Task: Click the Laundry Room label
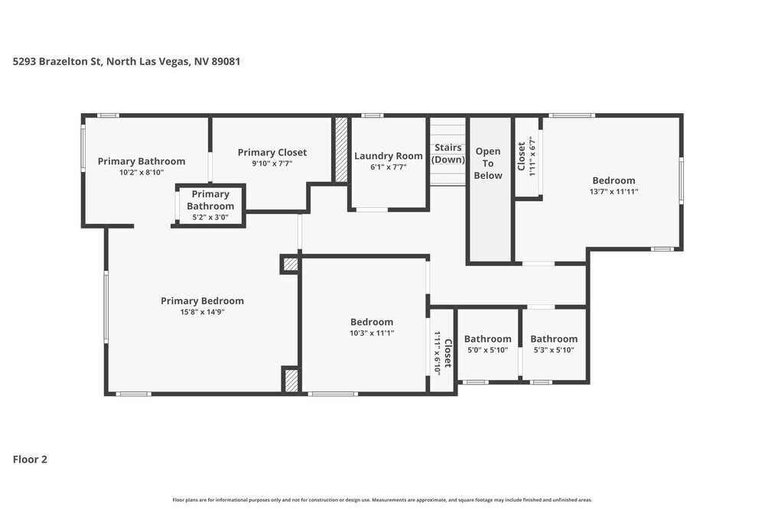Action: coord(388,156)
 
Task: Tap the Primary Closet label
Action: coord(272,152)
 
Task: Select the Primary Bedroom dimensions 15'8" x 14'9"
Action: coord(202,312)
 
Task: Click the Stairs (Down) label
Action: coord(448,153)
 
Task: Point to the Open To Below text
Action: coord(488,163)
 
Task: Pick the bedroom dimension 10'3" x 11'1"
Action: coord(372,333)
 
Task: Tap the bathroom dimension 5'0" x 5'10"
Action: coord(487,350)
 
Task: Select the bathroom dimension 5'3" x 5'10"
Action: coord(554,350)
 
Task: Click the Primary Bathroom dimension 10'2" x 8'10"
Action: coord(142,172)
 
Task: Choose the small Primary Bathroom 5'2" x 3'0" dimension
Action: coord(210,217)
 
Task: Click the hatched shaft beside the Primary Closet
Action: coord(341,149)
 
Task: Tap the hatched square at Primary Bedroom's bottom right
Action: coord(291,380)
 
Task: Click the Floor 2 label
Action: coord(30,460)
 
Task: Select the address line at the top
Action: coord(127,61)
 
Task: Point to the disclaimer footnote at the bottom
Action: coord(382,500)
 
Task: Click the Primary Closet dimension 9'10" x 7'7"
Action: coord(272,164)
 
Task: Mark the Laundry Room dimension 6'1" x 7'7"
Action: coord(388,167)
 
